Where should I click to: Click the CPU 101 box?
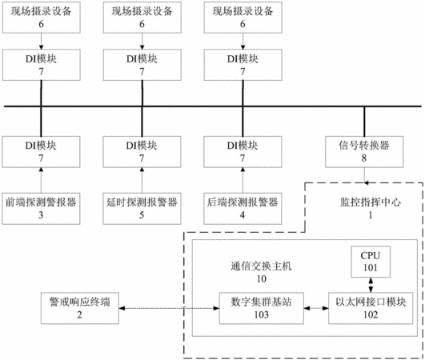click(x=371, y=262)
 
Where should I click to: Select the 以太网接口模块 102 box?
click(x=371, y=308)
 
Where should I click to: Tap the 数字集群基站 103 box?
click(x=261, y=308)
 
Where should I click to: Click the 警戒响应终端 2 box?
click(x=80, y=308)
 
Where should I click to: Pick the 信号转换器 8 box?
click(x=364, y=152)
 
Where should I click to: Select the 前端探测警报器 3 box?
click(x=41, y=209)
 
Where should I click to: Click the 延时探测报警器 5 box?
click(x=142, y=209)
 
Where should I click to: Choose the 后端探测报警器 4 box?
click(x=243, y=209)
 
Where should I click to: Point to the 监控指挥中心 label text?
click(x=371, y=202)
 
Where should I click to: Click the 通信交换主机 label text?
click(x=261, y=266)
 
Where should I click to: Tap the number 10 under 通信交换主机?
click(x=262, y=278)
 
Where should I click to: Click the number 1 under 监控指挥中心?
click(x=371, y=215)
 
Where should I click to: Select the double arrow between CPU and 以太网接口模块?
click(x=371, y=285)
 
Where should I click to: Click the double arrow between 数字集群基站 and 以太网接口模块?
click(x=316, y=308)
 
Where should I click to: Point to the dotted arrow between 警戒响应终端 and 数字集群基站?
click(x=169, y=308)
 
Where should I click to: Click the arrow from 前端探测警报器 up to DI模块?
click(x=41, y=180)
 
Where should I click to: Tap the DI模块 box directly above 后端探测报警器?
click(x=243, y=152)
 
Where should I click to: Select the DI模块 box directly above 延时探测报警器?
click(x=142, y=152)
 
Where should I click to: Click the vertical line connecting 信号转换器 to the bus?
click(x=364, y=122)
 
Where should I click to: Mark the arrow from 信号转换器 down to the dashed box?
click(x=364, y=175)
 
